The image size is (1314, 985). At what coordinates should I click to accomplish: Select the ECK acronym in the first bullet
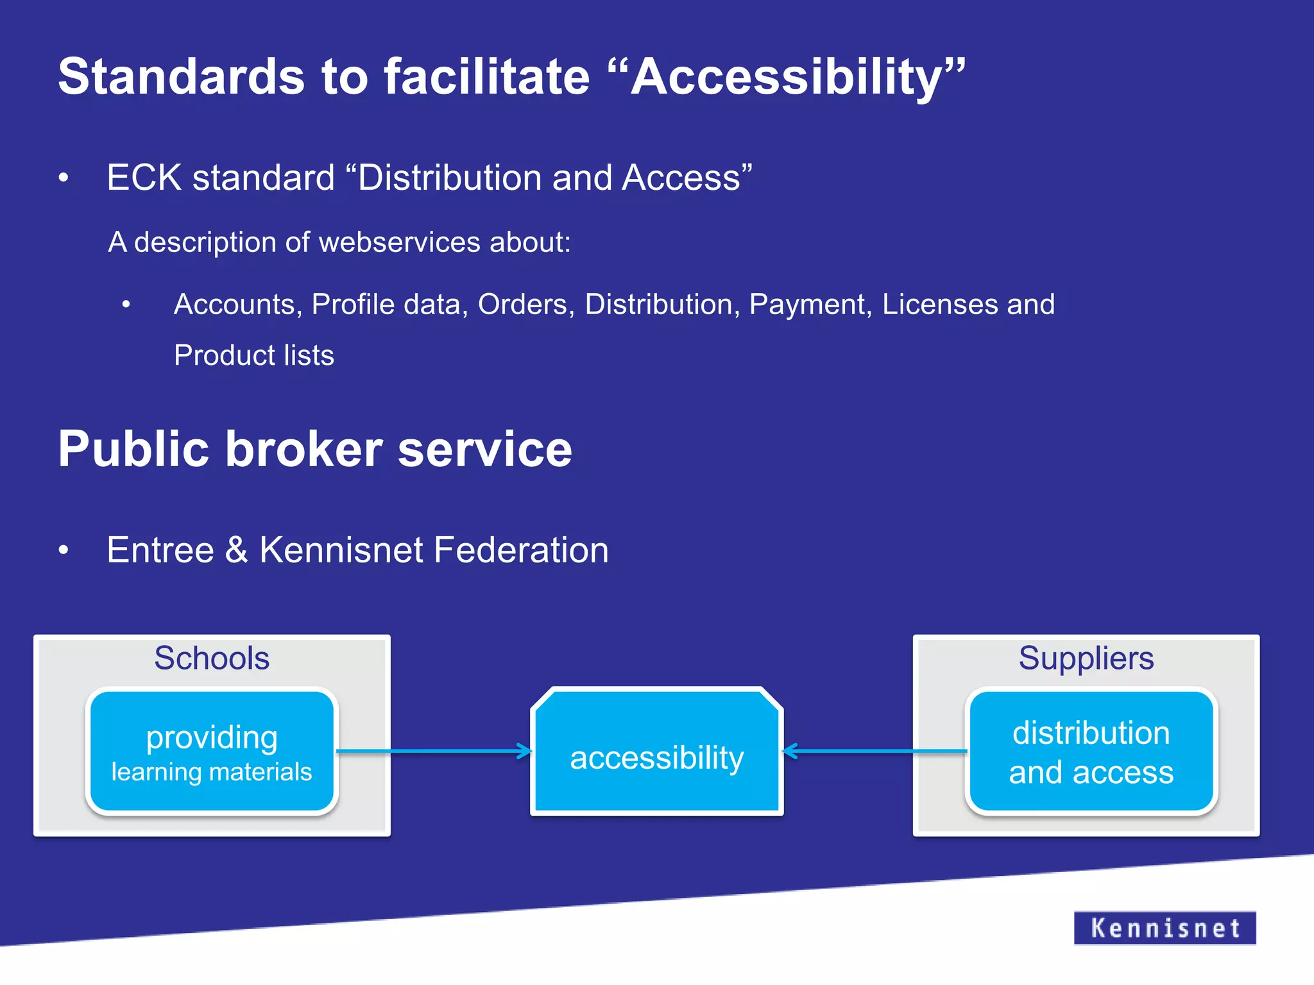[144, 178]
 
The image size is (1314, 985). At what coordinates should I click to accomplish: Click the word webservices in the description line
[399, 242]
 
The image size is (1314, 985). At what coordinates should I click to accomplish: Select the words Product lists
[254, 355]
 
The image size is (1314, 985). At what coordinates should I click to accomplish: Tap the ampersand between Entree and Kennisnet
[236, 550]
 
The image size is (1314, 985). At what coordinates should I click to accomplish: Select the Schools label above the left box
[212, 659]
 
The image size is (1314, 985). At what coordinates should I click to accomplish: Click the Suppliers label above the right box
[1086, 659]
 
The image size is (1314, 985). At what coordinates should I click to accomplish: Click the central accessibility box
[656, 757]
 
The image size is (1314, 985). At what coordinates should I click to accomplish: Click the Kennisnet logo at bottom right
[1165, 928]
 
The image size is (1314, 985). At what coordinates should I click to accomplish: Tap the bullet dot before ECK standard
[63, 178]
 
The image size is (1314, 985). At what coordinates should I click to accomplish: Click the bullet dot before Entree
[63, 550]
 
